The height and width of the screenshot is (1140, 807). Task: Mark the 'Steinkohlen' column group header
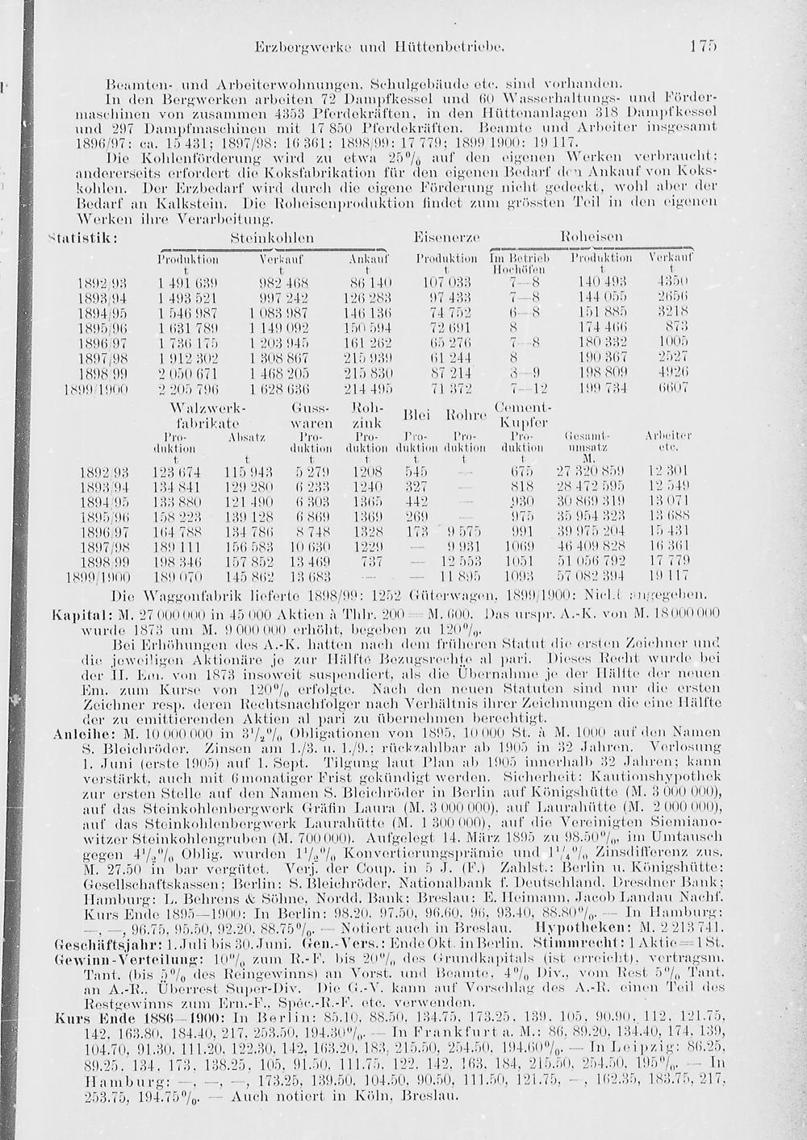click(x=272, y=239)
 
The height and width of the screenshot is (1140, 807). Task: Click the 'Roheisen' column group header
click(x=592, y=239)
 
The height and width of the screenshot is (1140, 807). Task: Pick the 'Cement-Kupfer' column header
click(x=522, y=415)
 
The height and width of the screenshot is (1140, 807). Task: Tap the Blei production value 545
click(x=415, y=470)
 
